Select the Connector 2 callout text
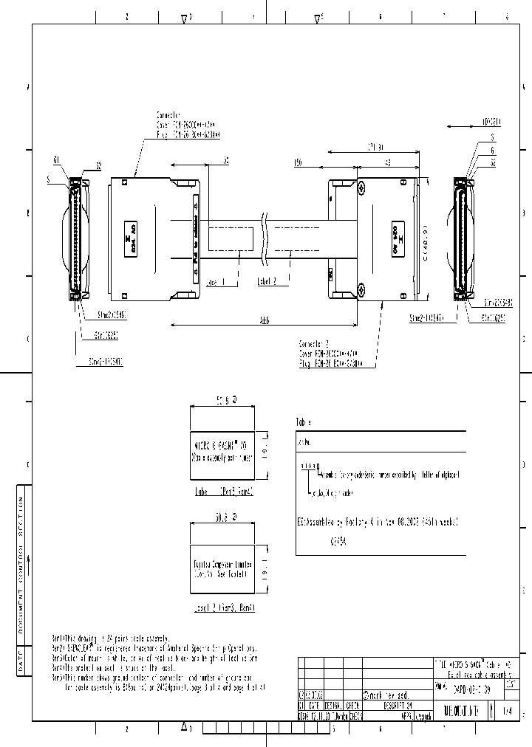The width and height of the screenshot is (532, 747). click(315, 344)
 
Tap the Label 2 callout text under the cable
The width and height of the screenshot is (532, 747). click(267, 282)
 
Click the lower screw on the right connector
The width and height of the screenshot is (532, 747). click(361, 289)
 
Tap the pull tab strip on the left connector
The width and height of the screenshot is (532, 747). click(195, 238)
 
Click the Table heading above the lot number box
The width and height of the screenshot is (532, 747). click(304, 422)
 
